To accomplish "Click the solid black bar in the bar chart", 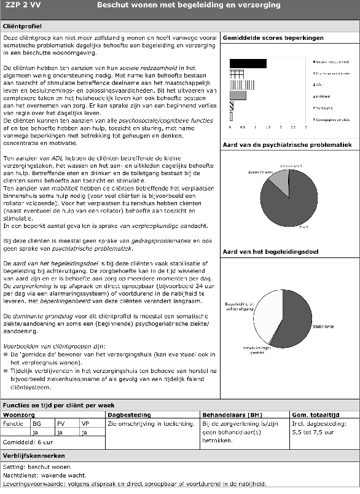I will click(x=248, y=63).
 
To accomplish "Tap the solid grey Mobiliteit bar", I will click(x=238, y=95).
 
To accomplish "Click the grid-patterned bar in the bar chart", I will click(x=237, y=74).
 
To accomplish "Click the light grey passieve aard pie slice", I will click(x=278, y=180).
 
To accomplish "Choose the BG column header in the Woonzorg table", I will click(x=37, y=423).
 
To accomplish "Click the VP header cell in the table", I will click(x=85, y=423).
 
